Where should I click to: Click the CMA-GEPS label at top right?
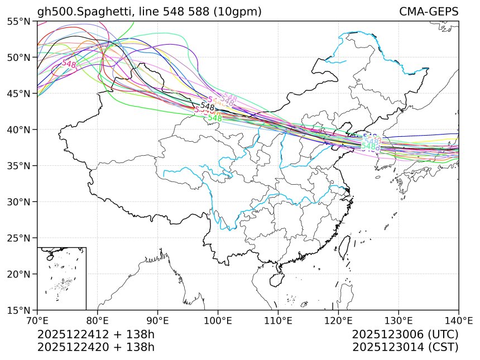pyautogui.click(x=429, y=12)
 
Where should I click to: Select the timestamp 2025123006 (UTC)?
pyautogui.click(x=405, y=335)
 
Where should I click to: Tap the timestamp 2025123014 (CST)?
pyautogui.click(x=405, y=347)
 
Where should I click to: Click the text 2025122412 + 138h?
pyautogui.click(x=95, y=335)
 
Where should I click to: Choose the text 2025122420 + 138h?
pyautogui.click(x=95, y=347)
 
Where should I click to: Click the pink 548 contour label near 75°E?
pyautogui.click(x=69, y=64)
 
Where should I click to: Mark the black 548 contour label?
pyautogui.click(x=207, y=107)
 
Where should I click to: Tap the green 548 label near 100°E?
pyautogui.click(x=215, y=118)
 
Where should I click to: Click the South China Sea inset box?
pyautogui.click(x=61, y=278)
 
